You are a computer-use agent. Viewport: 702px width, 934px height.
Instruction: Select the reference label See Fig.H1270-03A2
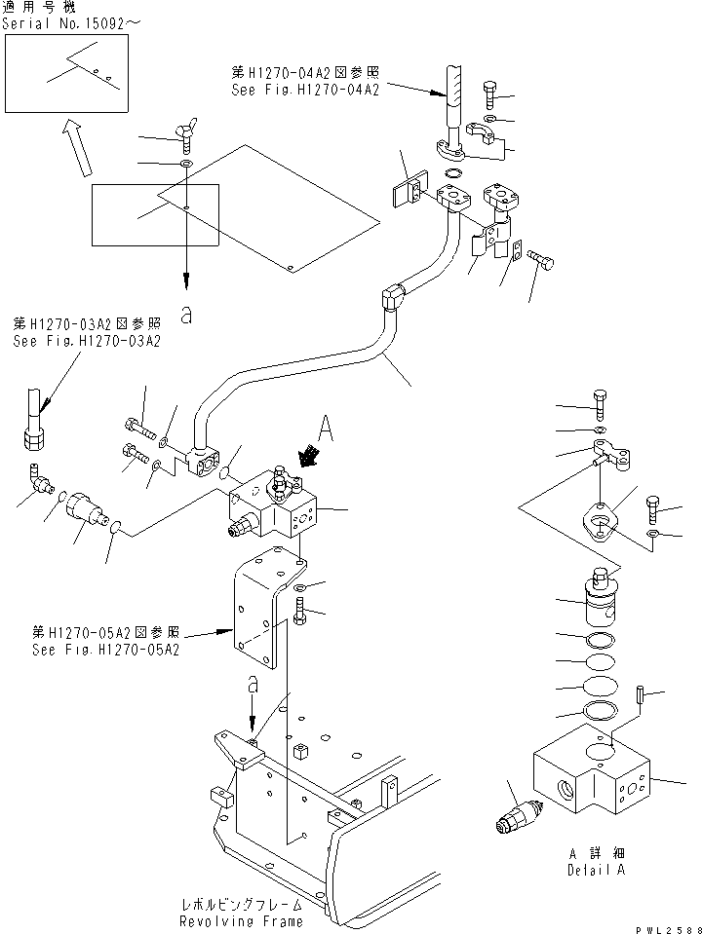86,342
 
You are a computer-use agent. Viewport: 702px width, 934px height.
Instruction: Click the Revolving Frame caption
240,920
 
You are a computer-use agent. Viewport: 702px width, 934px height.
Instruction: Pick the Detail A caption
597,871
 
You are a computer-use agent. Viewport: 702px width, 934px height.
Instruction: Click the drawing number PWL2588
671,926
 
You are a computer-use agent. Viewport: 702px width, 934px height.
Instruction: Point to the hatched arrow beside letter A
310,455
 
